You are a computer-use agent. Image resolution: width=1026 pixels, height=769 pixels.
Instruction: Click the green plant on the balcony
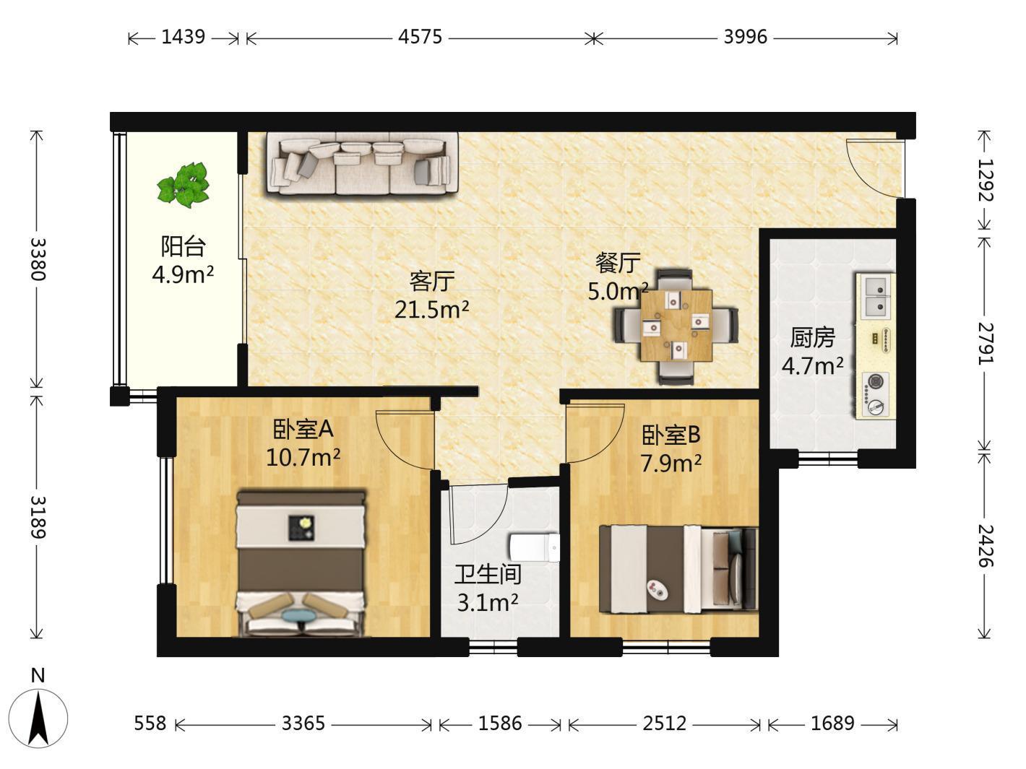pos(184,185)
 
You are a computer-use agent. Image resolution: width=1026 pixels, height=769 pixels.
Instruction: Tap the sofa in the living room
pos(362,163)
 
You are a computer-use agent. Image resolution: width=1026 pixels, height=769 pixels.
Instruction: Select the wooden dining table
pos(676,326)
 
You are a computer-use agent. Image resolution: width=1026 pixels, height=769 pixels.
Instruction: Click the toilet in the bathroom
pos(534,547)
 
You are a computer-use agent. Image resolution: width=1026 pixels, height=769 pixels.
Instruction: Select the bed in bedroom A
pos(301,562)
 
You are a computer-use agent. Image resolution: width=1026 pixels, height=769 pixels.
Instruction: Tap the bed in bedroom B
pos(678,568)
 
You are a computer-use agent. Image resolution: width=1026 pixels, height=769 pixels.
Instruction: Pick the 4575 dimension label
pos(420,37)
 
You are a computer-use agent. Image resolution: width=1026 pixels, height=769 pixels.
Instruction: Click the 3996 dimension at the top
pos(745,37)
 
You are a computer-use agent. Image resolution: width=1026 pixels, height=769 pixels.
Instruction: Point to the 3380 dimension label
pos(38,259)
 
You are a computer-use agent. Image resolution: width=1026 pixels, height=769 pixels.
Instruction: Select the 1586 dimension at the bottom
pos(500,724)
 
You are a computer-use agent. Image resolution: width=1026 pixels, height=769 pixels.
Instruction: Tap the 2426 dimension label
pos(986,545)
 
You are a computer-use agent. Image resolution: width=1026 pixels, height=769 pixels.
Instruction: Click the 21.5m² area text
pos(431,309)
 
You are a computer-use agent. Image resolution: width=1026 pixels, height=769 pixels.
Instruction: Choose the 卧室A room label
pos(303,429)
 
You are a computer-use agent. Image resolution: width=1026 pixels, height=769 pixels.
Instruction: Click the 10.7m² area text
pos(303,457)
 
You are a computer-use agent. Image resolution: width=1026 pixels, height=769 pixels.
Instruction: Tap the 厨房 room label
pos(812,337)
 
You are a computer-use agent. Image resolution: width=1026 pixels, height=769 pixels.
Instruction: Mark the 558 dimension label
pos(150,724)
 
